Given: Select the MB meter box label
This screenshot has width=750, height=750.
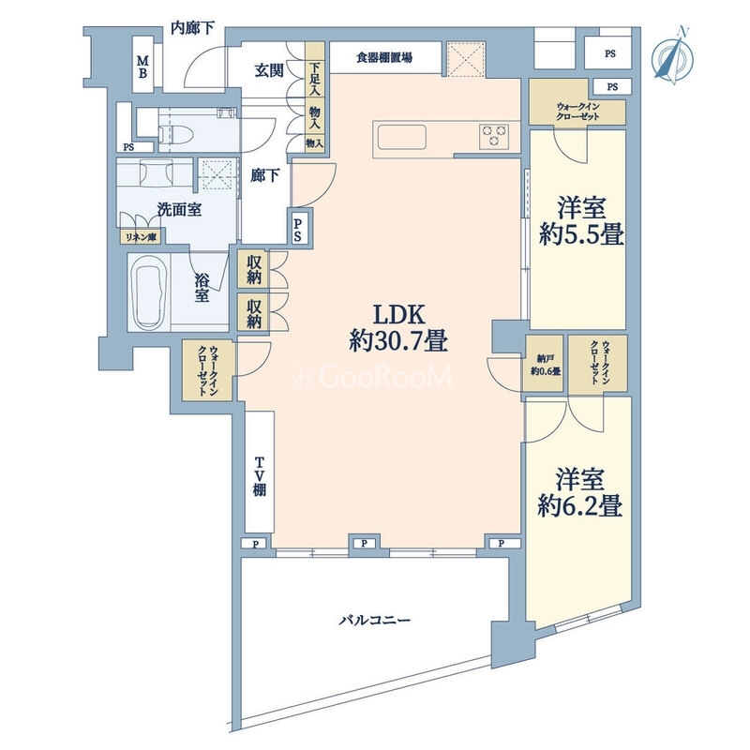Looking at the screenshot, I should pyautogui.click(x=144, y=67).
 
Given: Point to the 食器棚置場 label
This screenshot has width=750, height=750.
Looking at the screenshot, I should pyautogui.click(x=384, y=58).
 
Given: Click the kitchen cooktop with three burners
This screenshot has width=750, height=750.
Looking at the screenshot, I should pyautogui.click(x=495, y=137).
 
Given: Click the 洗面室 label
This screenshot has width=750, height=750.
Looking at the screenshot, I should pyautogui.click(x=179, y=210).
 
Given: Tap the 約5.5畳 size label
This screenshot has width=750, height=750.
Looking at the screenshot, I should pyautogui.click(x=581, y=234).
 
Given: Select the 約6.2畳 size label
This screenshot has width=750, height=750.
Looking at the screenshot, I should pyautogui.click(x=581, y=507).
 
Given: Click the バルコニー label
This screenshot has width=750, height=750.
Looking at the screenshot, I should pyautogui.click(x=374, y=621).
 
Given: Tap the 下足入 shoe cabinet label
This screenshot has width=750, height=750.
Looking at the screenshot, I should pyautogui.click(x=315, y=80).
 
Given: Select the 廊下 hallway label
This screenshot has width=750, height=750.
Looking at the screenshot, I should pyautogui.click(x=262, y=175).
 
